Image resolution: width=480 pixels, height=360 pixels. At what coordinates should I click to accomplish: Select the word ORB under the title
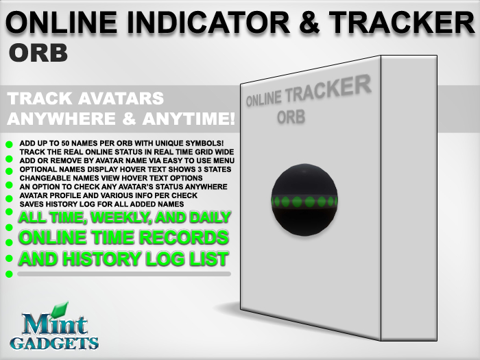(38, 53)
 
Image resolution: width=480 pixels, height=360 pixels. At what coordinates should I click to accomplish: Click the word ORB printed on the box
(291, 117)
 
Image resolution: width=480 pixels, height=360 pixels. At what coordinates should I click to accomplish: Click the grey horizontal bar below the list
(124, 274)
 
